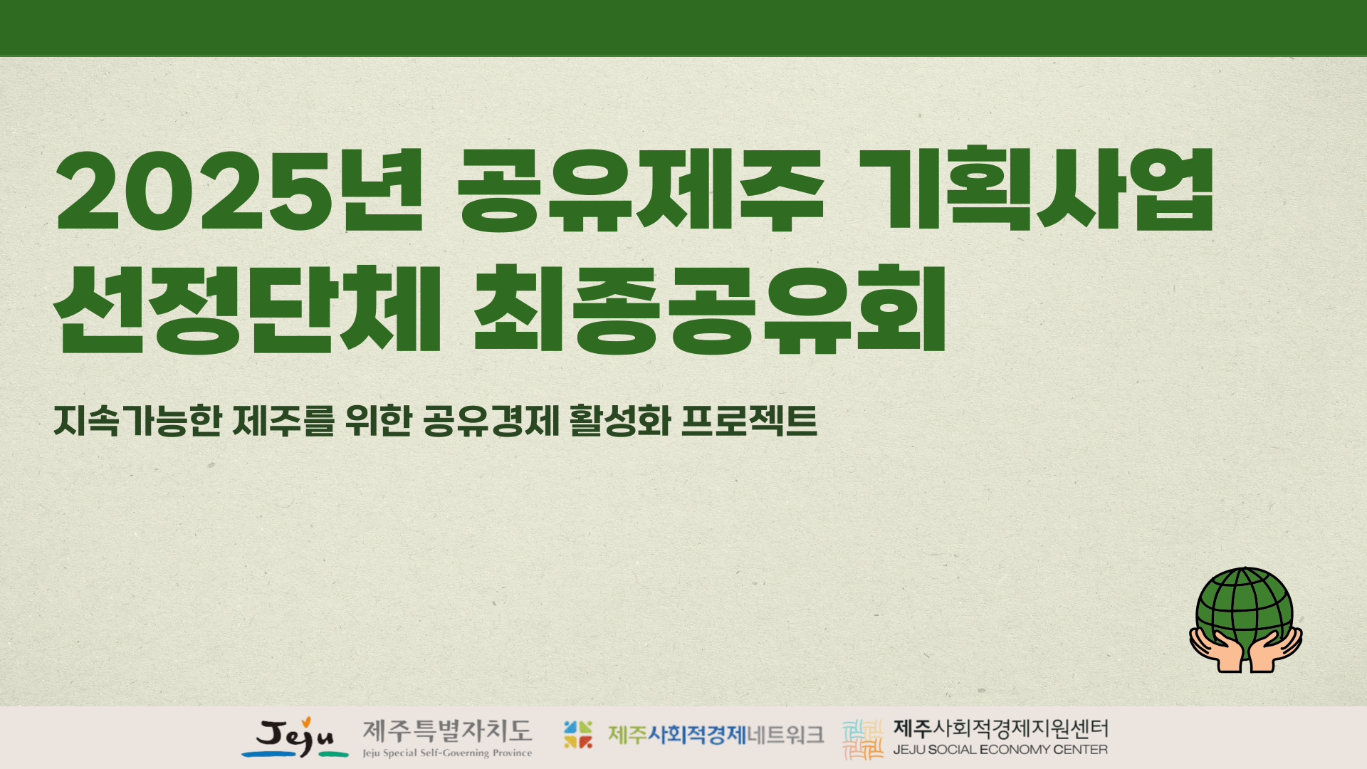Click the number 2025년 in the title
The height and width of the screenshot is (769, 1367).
[x=240, y=191]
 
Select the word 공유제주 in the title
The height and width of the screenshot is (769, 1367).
[x=640, y=189]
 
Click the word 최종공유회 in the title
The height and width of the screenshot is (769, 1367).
[x=709, y=309]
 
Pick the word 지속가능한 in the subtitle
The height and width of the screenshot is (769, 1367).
[x=137, y=421]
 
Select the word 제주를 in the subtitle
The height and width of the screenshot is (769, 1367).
[x=283, y=421]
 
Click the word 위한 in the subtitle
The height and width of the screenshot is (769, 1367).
[x=378, y=421]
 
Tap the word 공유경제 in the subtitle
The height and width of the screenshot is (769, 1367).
[x=491, y=421]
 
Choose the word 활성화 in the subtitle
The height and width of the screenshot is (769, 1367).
[x=620, y=421]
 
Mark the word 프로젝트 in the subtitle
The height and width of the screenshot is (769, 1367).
[x=749, y=421]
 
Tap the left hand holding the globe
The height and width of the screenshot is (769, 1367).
[x=1216, y=649]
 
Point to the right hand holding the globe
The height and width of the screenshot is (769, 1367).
[x=1276, y=649]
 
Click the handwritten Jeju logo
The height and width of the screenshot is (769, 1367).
[x=295, y=738]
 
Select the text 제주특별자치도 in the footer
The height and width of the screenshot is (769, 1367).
[x=447, y=731]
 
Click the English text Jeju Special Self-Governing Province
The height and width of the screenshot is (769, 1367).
[x=447, y=753]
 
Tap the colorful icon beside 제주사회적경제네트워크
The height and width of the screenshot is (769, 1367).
[x=578, y=735]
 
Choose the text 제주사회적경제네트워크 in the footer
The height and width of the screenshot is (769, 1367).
[x=716, y=735]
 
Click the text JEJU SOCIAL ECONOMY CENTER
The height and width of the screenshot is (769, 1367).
[x=1000, y=750]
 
